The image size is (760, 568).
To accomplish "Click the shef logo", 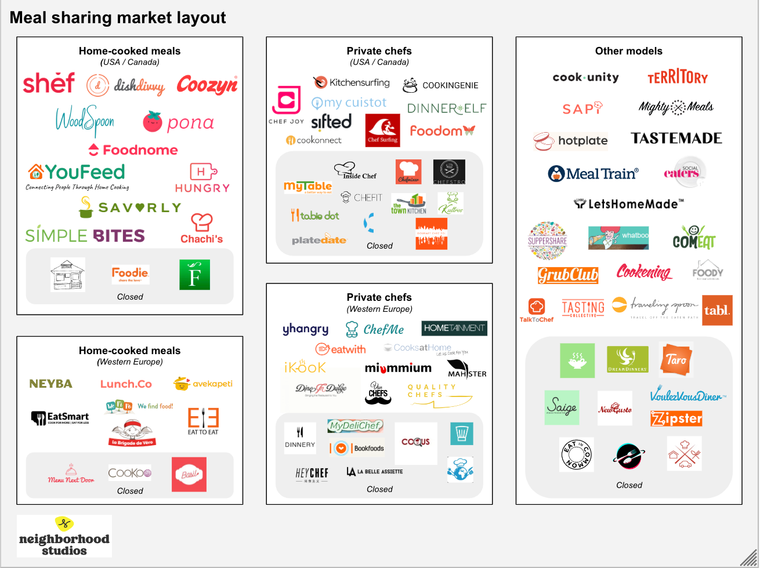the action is tap(49, 83).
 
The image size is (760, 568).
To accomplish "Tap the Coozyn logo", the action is tap(207, 85).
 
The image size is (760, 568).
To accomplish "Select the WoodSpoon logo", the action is tap(85, 120).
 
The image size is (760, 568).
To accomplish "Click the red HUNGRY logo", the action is tap(202, 178).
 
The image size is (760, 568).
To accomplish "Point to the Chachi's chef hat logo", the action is tap(201, 228).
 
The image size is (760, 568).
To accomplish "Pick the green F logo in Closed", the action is tap(194, 275).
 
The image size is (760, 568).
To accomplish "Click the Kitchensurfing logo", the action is tap(352, 82).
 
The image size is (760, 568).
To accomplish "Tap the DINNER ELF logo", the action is tap(447, 108).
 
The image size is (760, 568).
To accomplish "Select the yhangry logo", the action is tap(305, 329).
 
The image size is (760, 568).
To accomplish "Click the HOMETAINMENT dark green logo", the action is tap(454, 328).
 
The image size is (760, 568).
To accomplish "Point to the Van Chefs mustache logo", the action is tap(379, 393).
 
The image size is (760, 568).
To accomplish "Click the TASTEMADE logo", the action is tap(676, 138).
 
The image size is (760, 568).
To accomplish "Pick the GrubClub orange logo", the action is tap(567, 275).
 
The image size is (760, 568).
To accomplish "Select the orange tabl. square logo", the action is tap(717, 310).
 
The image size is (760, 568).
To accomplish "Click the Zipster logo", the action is tap(676, 418).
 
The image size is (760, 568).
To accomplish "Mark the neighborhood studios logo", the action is tap(64, 536).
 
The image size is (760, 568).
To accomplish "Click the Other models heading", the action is tap(628, 51).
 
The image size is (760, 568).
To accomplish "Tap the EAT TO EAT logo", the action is tap(203, 421).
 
